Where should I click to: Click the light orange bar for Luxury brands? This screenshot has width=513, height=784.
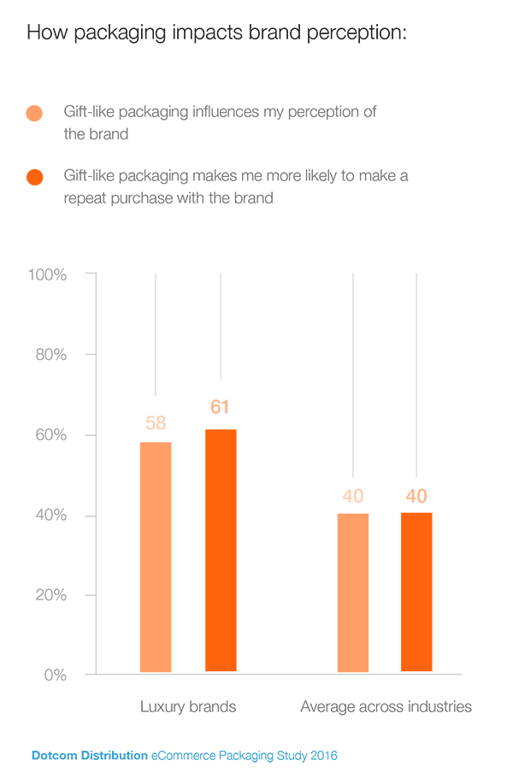[156, 557]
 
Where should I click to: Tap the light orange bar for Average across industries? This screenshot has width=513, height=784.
[353, 592]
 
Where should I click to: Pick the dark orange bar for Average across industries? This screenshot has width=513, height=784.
[416, 592]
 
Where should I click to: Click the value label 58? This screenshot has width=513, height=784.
[156, 423]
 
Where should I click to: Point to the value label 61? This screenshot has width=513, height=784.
[221, 408]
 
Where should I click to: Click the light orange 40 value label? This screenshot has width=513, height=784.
[353, 496]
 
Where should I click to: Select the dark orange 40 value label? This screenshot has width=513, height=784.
[416, 496]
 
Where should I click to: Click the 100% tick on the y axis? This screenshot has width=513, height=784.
[47, 274]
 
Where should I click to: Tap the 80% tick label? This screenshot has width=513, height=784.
[50, 355]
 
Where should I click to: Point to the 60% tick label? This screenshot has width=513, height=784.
[50, 435]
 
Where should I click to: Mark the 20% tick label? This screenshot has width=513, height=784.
[50, 595]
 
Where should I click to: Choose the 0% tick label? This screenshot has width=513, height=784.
[55, 675]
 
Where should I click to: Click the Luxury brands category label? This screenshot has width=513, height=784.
[188, 707]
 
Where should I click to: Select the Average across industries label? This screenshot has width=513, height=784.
[386, 707]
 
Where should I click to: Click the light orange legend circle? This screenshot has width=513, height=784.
[35, 113]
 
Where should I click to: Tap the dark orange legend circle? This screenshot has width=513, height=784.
[35, 177]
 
